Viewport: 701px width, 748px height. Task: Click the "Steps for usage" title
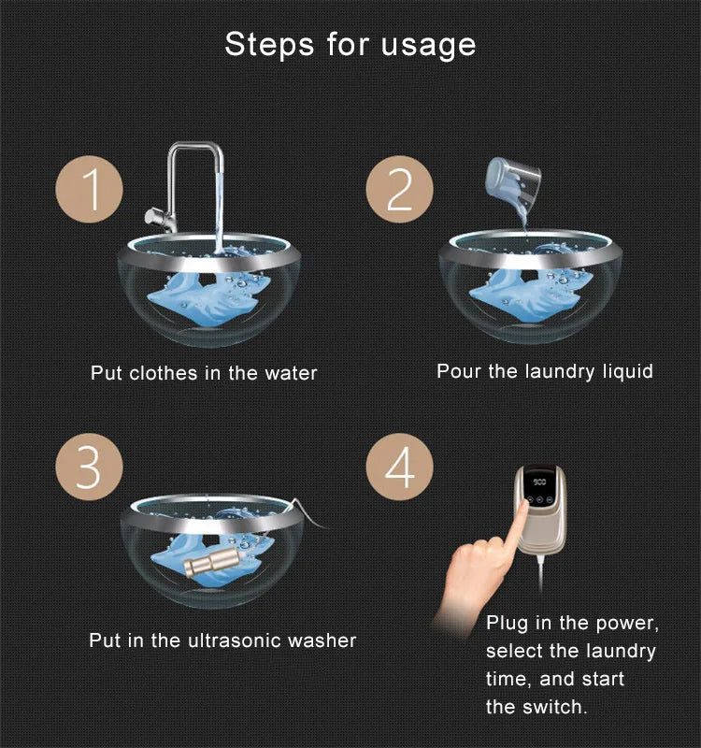[350, 45]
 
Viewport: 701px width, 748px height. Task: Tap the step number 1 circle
[89, 190]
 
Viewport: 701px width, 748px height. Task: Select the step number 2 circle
[400, 190]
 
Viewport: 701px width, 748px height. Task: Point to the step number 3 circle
[89, 467]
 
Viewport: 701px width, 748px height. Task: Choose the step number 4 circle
[400, 467]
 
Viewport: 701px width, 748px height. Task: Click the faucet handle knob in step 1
[153, 217]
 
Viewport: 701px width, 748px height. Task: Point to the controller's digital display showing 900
[539, 482]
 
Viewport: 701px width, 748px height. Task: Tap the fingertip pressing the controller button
[523, 506]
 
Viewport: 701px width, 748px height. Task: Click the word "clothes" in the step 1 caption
[163, 373]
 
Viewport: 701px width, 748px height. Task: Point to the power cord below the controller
[541, 572]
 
